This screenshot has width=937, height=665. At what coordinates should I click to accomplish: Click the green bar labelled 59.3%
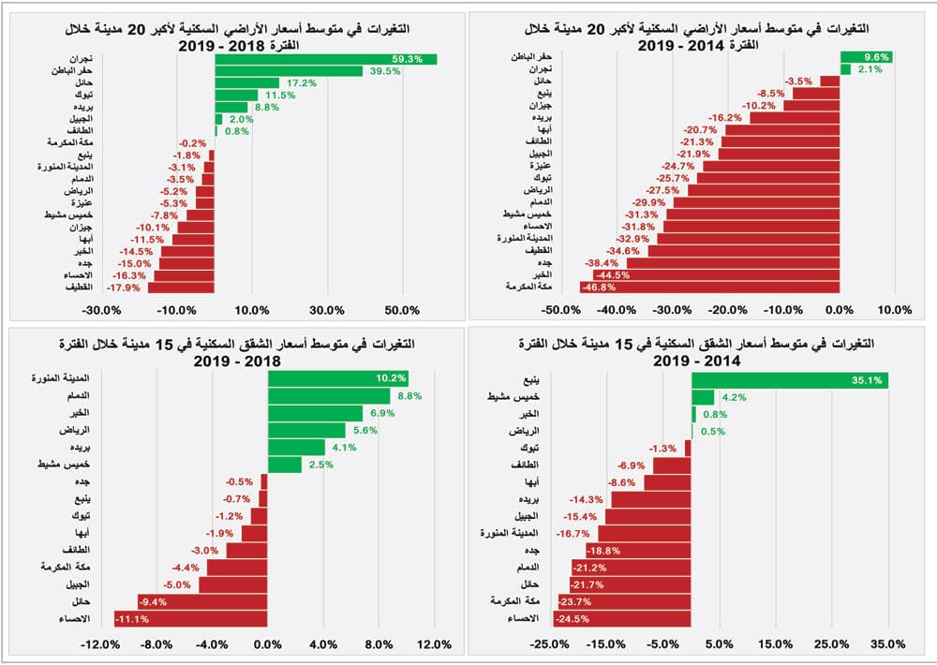pyautogui.click(x=325, y=59)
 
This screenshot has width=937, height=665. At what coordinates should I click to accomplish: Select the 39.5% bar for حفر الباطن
pyautogui.click(x=289, y=71)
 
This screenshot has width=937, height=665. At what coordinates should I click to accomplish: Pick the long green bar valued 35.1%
pyautogui.click(x=790, y=380)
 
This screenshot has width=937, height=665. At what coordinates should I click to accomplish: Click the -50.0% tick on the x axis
pyautogui.click(x=559, y=310)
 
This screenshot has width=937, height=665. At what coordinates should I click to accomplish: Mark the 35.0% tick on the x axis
pyautogui.click(x=888, y=644)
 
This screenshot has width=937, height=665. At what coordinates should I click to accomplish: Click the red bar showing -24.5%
pyautogui.click(x=624, y=619)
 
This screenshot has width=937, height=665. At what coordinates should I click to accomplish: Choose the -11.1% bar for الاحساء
pyautogui.click(x=191, y=619)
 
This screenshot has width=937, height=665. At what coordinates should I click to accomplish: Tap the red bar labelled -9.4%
pyautogui.click(x=202, y=602)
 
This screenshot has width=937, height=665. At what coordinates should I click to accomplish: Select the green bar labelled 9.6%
pyautogui.click(x=866, y=57)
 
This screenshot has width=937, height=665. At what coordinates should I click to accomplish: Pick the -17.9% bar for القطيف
pyautogui.click(x=182, y=288)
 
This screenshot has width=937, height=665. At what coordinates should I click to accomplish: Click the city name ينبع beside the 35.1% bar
pyautogui.click(x=530, y=380)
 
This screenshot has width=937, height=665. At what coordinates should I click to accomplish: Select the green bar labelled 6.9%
pyautogui.click(x=315, y=413)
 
